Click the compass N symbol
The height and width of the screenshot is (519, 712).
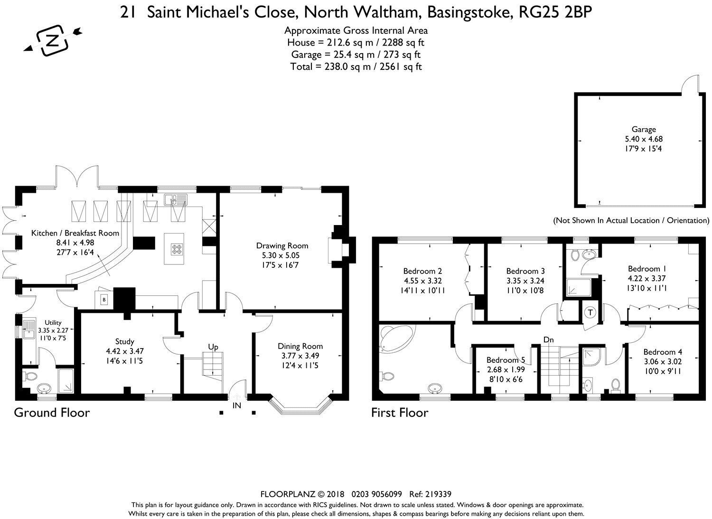(x=53, y=40)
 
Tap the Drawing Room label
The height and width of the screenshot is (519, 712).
(x=282, y=245)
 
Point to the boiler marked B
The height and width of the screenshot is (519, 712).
(x=104, y=300)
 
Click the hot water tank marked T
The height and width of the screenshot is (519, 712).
(x=590, y=312)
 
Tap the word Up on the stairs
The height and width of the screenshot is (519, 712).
(x=213, y=347)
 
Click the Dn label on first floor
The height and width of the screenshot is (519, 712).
(x=549, y=340)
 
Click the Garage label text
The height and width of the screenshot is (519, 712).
(x=644, y=130)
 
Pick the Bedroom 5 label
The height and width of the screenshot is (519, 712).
(x=506, y=360)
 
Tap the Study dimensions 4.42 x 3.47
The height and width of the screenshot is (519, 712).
(x=124, y=351)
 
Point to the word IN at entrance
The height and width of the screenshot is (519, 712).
(x=237, y=406)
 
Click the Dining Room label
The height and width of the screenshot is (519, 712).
(x=300, y=346)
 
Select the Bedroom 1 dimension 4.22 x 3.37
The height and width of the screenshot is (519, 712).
(x=646, y=278)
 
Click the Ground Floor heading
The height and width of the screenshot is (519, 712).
(x=52, y=413)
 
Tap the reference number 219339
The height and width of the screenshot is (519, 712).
(x=438, y=494)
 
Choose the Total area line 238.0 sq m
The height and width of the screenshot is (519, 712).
(x=356, y=67)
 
